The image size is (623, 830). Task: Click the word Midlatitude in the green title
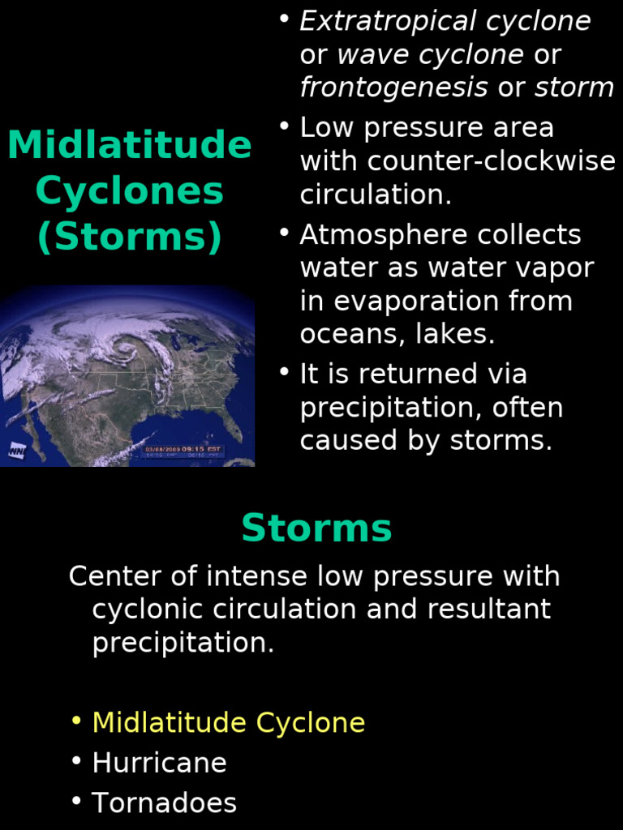(129, 146)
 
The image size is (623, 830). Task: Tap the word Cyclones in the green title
(129, 192)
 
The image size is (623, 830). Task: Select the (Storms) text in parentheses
(129, 237)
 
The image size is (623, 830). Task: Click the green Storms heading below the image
(316, 528)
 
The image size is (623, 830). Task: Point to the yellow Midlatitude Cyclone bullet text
(228, 722)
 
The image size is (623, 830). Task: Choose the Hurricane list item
(159, 763)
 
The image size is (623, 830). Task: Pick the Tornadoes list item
(164, 803)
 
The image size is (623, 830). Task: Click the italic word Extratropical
(389, 21)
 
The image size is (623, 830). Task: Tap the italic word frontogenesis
(394, 88)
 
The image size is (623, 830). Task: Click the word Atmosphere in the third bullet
(384, 234)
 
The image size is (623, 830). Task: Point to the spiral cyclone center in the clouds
(126, 347)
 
